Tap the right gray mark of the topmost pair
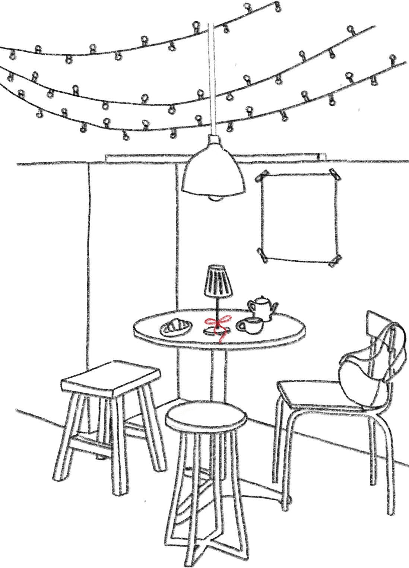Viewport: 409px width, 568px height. tap(214, 29)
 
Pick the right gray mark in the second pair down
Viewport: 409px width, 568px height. tap(215, 97)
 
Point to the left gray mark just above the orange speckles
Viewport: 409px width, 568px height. tap(212, 125)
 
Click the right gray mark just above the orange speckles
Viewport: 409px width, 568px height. tap(215, 124)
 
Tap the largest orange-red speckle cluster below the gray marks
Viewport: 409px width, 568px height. tap(214, 140)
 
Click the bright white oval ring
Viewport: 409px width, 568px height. tap(193, 163)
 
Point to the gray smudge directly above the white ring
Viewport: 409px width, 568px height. tap(194, 156)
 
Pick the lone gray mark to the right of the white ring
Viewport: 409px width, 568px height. tap(235, 164)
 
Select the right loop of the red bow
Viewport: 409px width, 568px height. tap(225, 319)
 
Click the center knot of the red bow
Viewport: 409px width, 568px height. tap(217, 323)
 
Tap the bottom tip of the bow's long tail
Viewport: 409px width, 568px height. tap(221, 342)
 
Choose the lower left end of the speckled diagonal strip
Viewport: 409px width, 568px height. tap(169, 420)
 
